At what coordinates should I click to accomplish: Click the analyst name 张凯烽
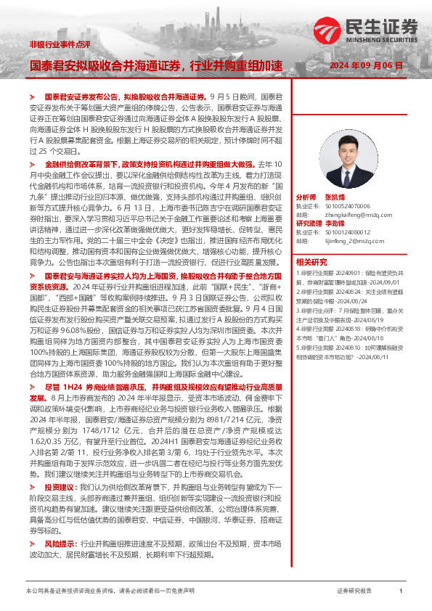point(335,197)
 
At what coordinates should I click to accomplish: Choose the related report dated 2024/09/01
point(349,276)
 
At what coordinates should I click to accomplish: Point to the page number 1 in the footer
point(401,592)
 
